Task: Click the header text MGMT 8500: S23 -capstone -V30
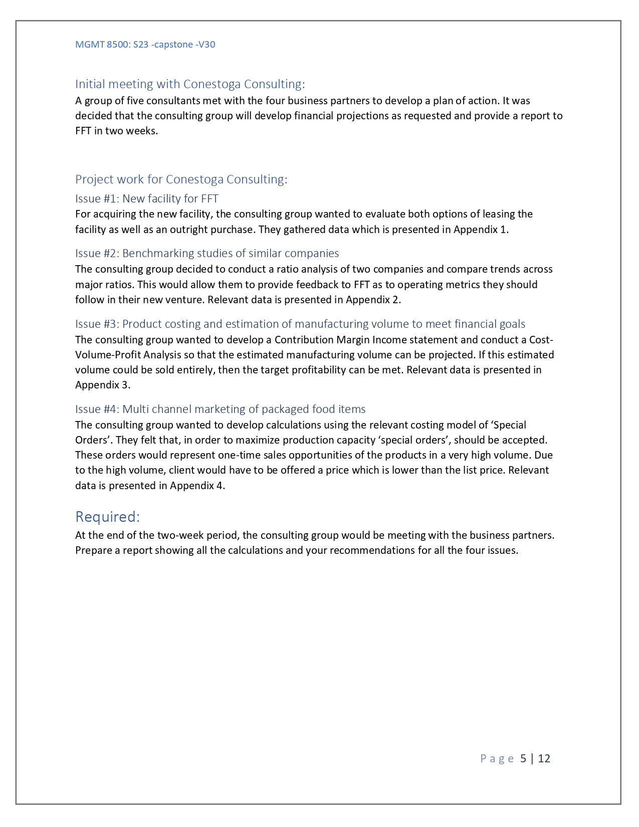pyautogui.click(x=145, y=45)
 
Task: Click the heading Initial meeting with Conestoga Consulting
pyautogui.click(x=189, y=84)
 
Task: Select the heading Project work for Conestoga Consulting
pyautogui.click(x=181, y=179)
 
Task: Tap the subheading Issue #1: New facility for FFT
pyautogui.click(x=146, y=198)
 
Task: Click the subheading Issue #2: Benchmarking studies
pyautogui.click(x=206, y=253)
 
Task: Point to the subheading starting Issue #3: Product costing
pyautogui.click(x=300, y=324)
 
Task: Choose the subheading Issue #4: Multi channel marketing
pyautogui.click(x=220, y=409)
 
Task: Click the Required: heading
pyautogui.click(x=107, y=517)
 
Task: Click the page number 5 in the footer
pyautogui.click(x=523, y=758)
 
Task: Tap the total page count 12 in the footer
pyautogui.click(x=544, y=758)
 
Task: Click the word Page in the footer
pyautogui.click(x=497, y=758)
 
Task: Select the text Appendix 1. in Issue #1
pyautogui.click(x=481, y=230)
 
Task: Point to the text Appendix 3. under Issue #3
pyautogui.click(x=103, y=385)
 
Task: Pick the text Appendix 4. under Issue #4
pyautogui.click(x=197, y=485)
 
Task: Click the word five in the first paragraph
pyautogui.click(x=135, y=101)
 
